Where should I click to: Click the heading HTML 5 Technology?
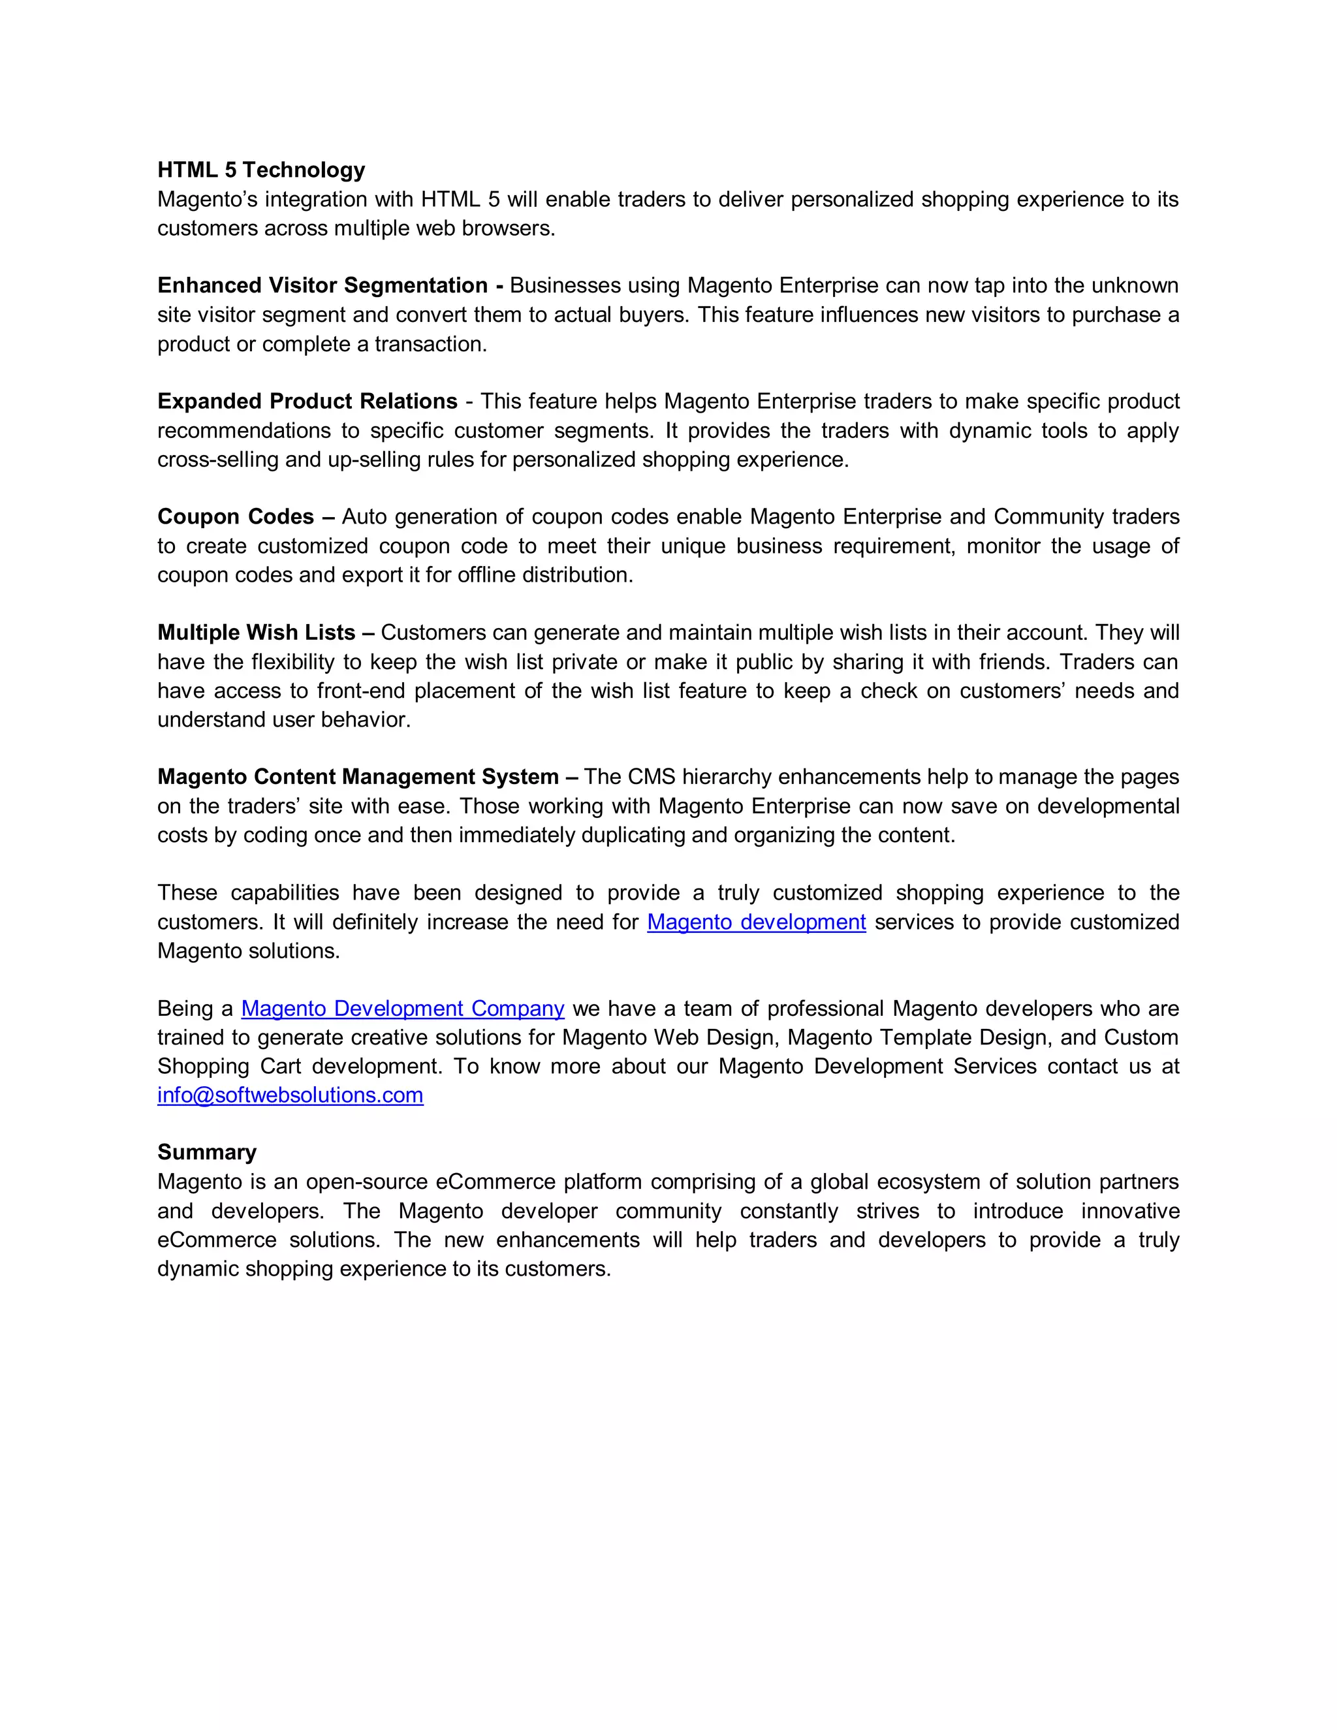260,170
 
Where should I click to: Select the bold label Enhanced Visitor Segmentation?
322,285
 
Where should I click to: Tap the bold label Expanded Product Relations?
307,401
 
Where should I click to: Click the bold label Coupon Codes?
236,516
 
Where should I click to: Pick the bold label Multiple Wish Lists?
256,632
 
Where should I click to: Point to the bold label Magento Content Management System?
358,776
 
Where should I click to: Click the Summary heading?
207,1152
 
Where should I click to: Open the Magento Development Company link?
402,1009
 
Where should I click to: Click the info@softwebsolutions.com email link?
290,1095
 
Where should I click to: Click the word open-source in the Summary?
368,1182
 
